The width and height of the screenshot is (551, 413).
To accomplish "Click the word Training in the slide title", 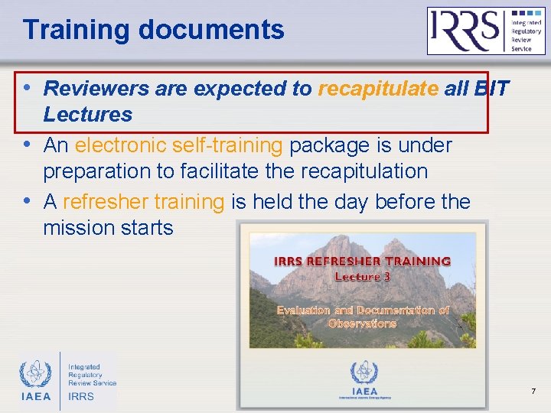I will click(77, 30).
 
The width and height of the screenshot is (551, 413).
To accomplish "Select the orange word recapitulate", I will click(378, 89).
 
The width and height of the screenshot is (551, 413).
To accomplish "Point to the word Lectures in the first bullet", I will click(88, 115).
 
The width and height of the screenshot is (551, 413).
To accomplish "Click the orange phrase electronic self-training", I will click(179, 145).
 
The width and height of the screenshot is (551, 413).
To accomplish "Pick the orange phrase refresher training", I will click(142, 202).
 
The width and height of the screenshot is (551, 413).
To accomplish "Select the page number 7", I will click(533, 392).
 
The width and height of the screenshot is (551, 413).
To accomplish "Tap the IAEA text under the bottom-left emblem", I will click(35, 396).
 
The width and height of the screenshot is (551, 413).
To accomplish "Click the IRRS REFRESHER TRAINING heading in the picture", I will click(362, 261).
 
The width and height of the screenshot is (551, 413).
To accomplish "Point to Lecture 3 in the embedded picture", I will click(362, 276).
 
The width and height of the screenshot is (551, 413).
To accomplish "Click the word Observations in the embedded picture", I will click(362, 324).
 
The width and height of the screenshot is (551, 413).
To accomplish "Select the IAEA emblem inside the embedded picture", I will click(364, 373).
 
